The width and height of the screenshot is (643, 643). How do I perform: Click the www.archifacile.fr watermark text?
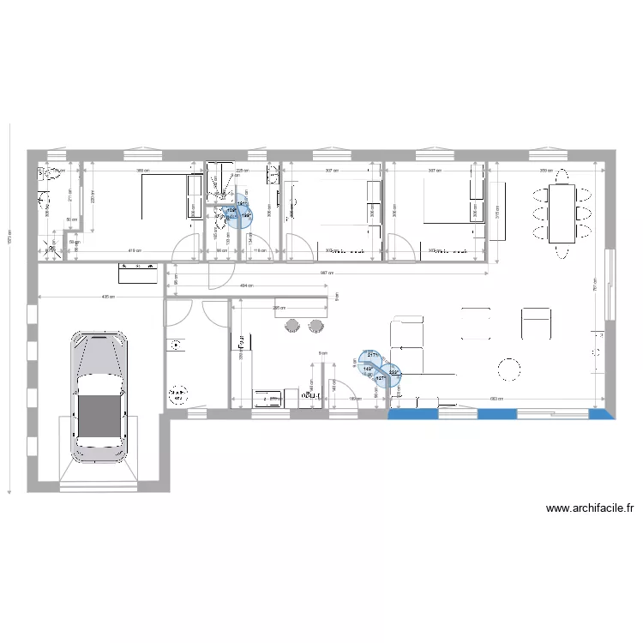point(590,508)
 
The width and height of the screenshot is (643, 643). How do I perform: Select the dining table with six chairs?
point(562,213)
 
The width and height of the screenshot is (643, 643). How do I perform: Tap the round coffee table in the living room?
point(509,370)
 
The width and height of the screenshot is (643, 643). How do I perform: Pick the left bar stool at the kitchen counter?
point(292,324)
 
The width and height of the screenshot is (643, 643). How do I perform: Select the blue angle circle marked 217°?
point(370,358)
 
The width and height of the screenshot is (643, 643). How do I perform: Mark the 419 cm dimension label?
point(135,251)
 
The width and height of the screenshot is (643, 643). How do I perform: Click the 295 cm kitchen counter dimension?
point(279,308)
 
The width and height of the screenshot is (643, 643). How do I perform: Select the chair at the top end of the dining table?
point(562,177)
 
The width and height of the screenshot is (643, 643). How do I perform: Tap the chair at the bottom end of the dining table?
point(562,251)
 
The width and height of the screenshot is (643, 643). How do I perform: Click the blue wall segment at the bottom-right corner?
point(602,413)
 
